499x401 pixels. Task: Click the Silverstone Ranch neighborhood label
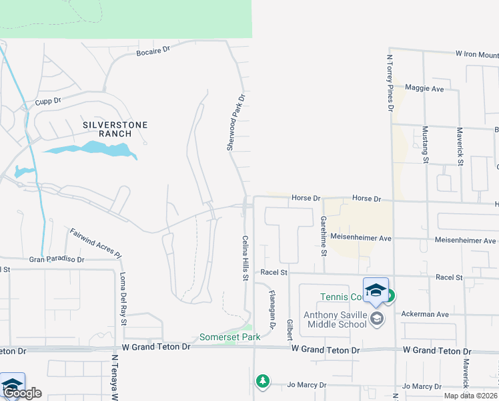coord(115,129)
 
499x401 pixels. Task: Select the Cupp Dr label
coord(48,101)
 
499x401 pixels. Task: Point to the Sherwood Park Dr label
coord(235,122)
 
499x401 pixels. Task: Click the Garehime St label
coord(324,235)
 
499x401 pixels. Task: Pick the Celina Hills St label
coord(245,257)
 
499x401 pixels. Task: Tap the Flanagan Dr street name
coord(272,309)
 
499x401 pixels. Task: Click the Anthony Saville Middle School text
coord(334,319)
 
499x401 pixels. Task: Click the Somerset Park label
coord(230,338)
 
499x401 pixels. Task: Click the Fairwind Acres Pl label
coord(96,243)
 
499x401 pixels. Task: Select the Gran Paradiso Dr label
coord(56,259)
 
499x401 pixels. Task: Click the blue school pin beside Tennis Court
coord(376,290)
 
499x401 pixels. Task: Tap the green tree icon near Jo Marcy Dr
coord(264,381)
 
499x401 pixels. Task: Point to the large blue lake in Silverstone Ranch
coord(90,149)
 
